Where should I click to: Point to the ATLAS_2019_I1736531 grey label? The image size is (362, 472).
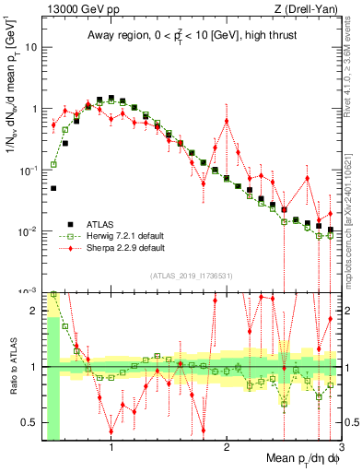193,276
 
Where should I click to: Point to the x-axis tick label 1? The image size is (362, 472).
111,447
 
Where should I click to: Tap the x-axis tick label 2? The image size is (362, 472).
227,447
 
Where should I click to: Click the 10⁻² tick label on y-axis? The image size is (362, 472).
29,230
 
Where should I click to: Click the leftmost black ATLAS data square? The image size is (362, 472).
53,188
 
